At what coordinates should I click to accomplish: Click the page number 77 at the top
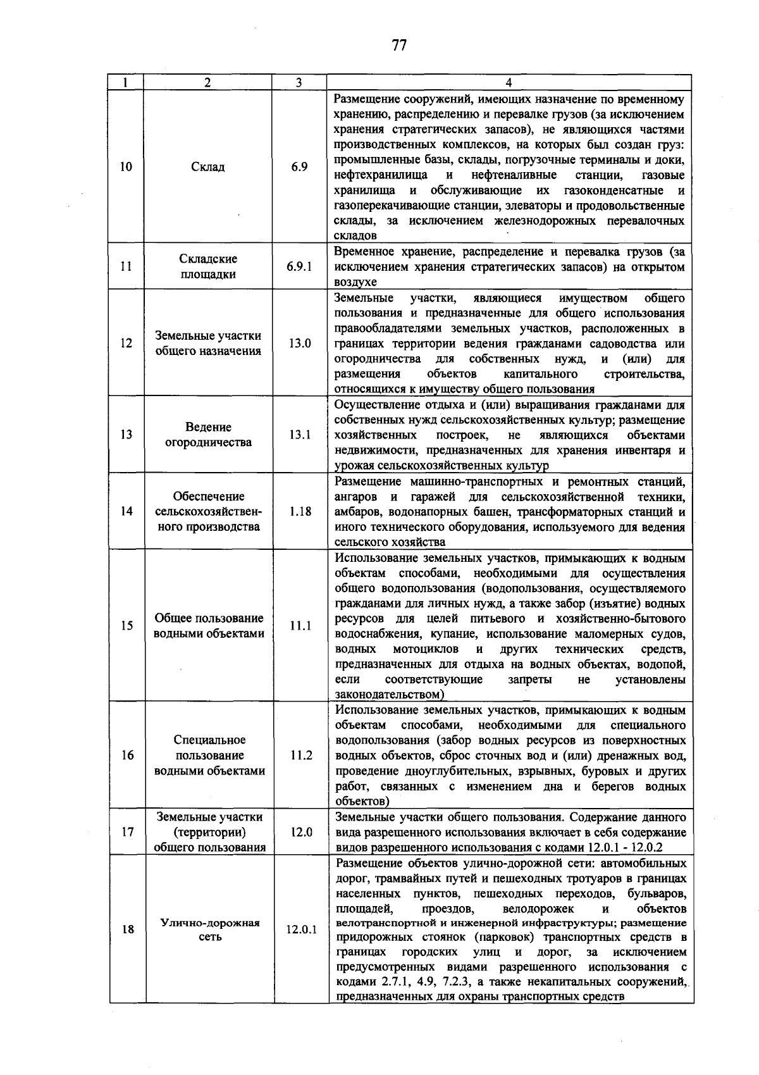[x=398, y=46]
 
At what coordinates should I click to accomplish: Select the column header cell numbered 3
[x=299, y=83]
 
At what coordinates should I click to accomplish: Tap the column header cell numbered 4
[x=509, y=83]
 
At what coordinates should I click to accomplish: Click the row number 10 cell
[x=126, y=167]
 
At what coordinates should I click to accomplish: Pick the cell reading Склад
[x=208, y=167]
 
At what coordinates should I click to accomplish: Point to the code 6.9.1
[x=299, y=266]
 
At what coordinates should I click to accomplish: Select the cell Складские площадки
[x=208, y=266]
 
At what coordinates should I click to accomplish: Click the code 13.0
[x=300, y=343]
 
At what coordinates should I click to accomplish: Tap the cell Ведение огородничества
[x=208, y=435]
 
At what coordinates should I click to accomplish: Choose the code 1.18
[x=300, y=511]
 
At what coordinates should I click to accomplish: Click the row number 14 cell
[x=127, y=511]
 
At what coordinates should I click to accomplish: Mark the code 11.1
[x=300, y=626]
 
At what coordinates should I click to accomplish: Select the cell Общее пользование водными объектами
[x=208, y=626]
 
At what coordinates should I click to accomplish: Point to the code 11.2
[x=300, y=755]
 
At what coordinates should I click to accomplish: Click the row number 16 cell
[x=127, y=755]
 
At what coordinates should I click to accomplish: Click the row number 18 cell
[x=127, y=930]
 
